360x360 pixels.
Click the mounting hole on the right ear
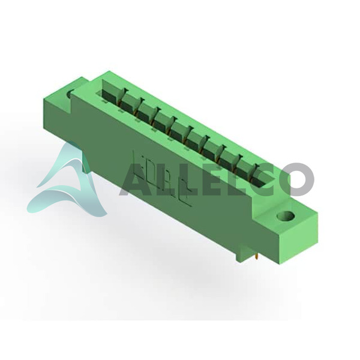(286, 216)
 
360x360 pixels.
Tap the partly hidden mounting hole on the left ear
(70, 94)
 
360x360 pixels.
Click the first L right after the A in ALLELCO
(167, 176)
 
